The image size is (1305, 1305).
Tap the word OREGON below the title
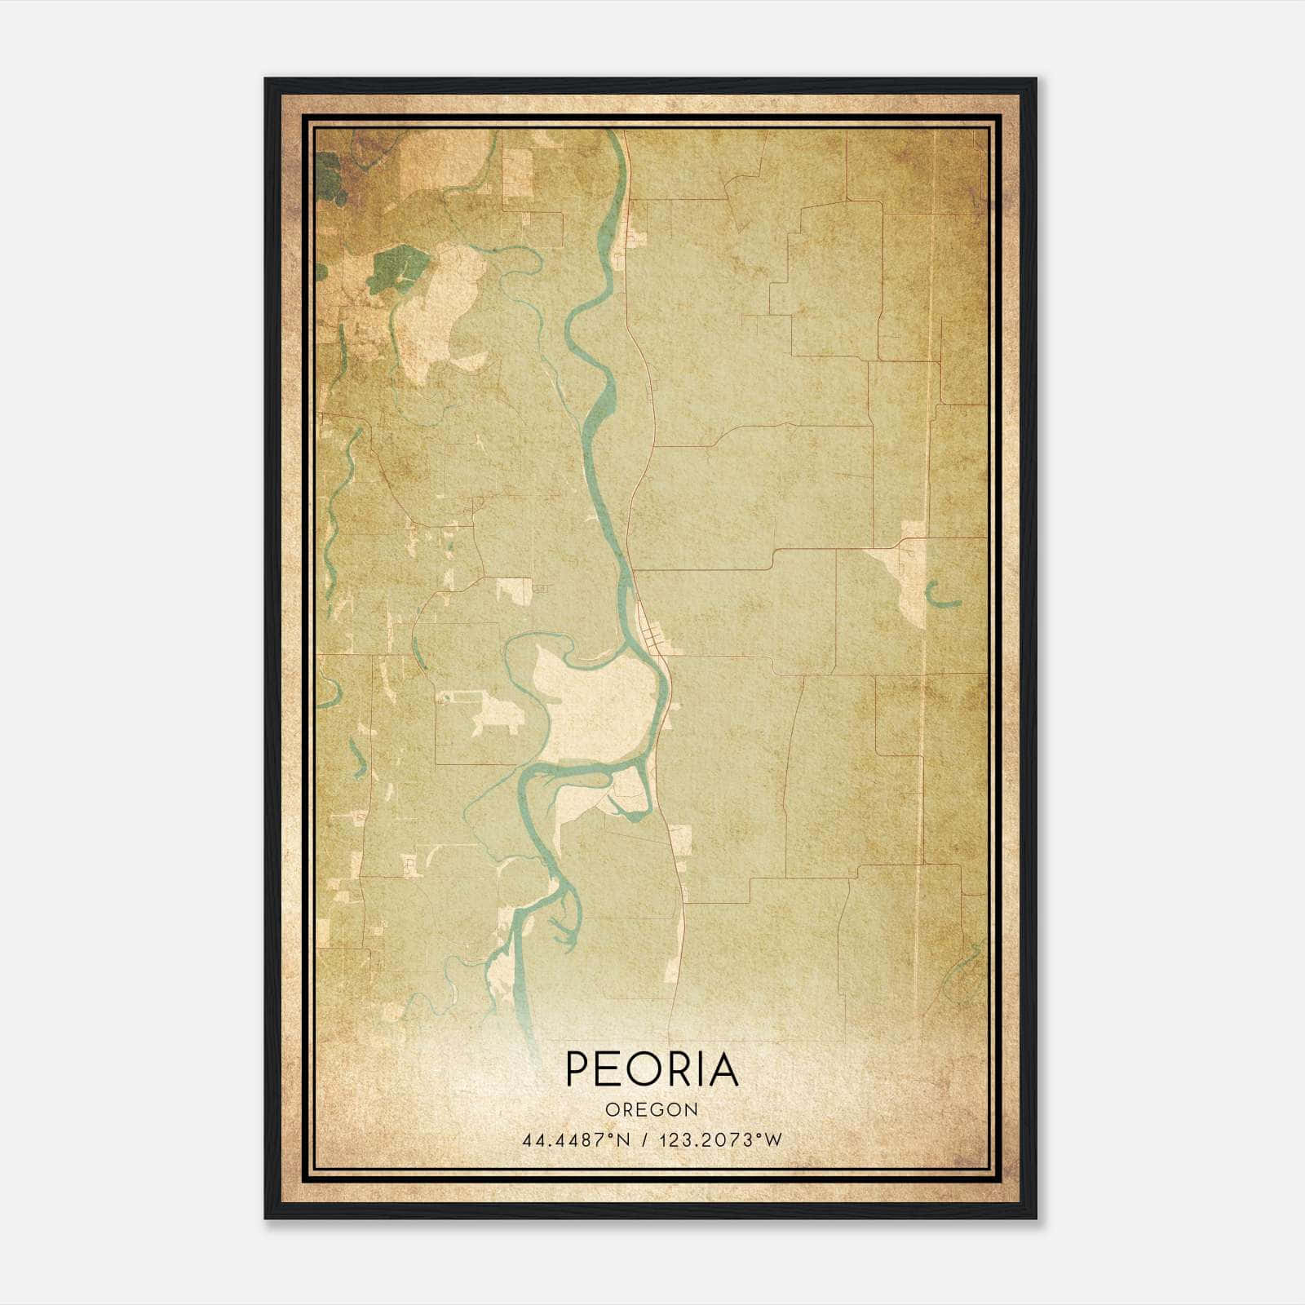point(652,1110)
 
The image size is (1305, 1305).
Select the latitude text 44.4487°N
point(577,1139)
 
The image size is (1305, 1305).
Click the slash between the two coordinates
point(646,1139)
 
